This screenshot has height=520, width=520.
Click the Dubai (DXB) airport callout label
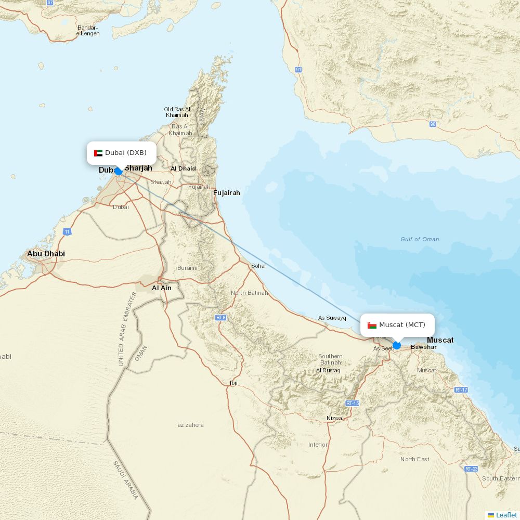(121, 153)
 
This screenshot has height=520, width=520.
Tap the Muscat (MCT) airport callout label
(397, 325)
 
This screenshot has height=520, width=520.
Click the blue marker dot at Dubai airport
(119, 171)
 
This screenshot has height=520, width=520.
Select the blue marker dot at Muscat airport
(397, 345)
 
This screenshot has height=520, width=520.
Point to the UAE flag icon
(98, 153)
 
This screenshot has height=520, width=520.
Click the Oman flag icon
(372, 325)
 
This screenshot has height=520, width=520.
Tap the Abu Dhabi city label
(46, 254)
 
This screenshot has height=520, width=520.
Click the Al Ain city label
(161, 288)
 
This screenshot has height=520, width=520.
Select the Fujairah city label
(227, 193)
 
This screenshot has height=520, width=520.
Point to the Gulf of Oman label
(420, 239)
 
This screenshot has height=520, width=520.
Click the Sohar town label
(258, 266)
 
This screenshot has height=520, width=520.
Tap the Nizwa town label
(334, 418)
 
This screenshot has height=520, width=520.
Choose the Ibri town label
(233, 383)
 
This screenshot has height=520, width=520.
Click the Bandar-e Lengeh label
(88, 31)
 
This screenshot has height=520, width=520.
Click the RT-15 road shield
(352, 404)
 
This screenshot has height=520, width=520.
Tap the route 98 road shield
(433, 124)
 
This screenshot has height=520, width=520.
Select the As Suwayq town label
(332, 318)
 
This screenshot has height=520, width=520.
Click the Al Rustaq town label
(328, 370)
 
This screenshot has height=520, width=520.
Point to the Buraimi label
(187, 268)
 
